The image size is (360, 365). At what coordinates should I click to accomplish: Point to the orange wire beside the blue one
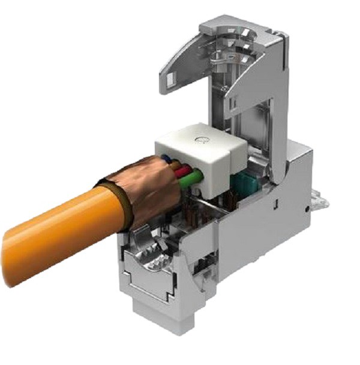174,164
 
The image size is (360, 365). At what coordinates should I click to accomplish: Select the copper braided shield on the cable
141,186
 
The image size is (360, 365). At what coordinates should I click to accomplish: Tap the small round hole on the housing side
307,208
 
